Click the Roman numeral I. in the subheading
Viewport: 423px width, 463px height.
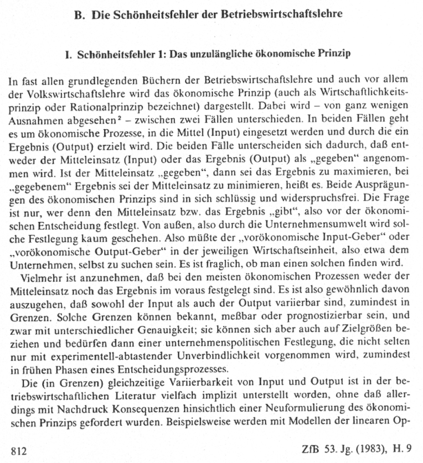(69, 55)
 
